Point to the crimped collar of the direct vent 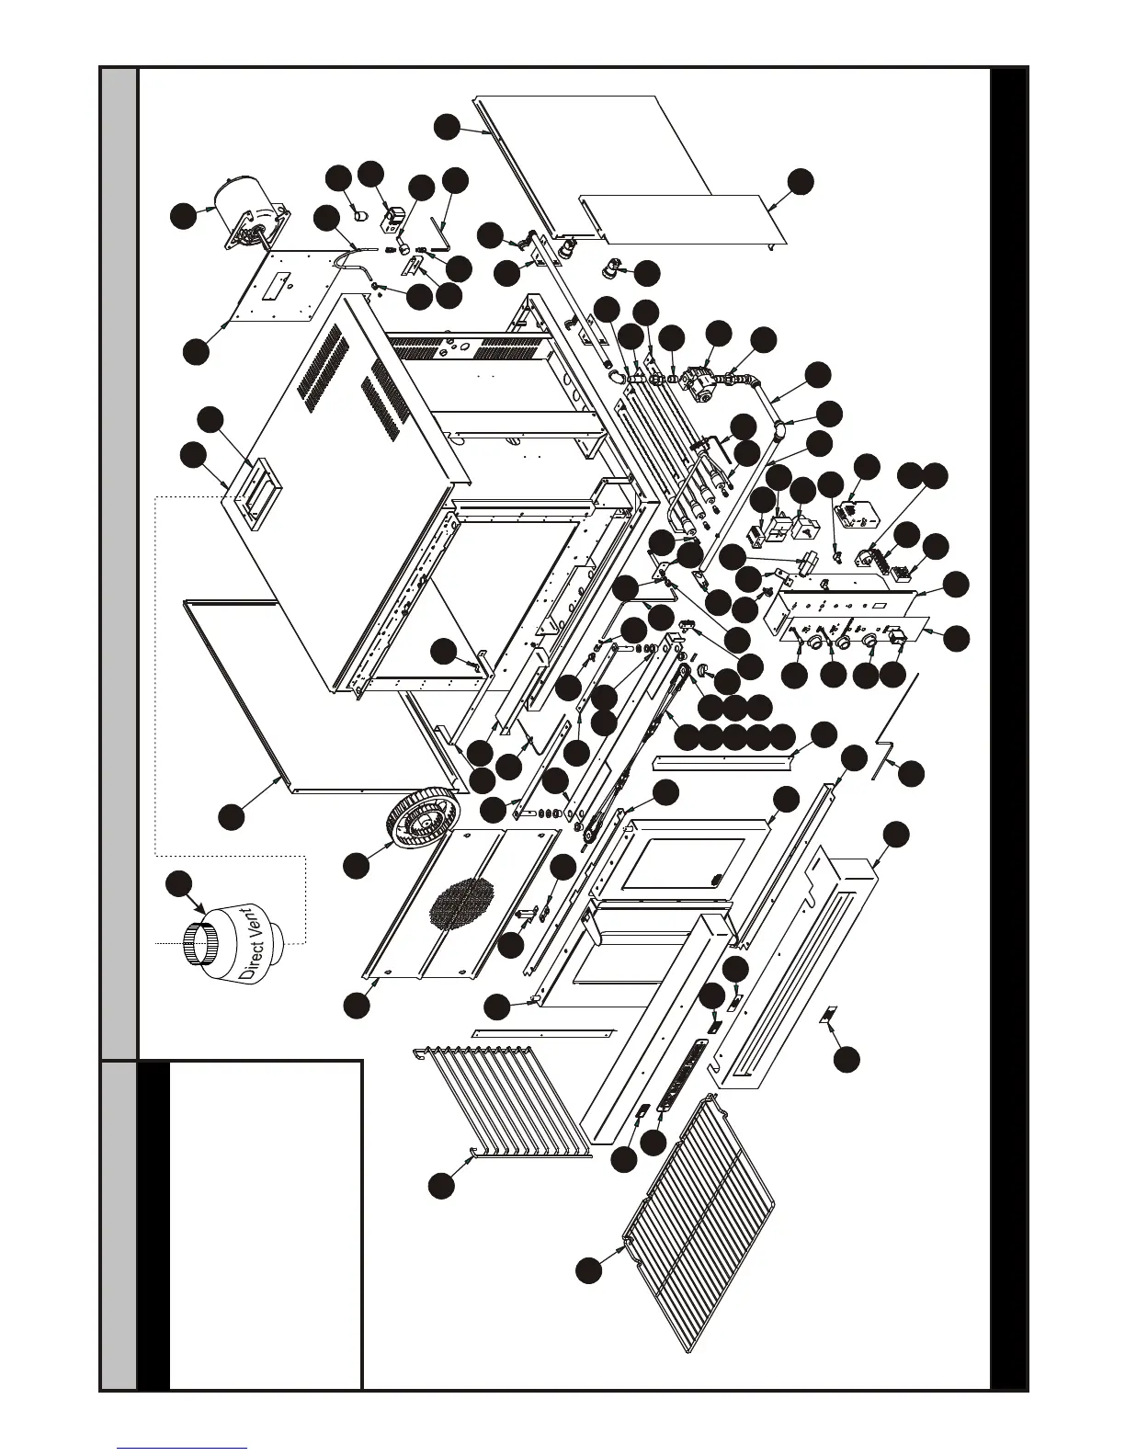(x=203, y=940)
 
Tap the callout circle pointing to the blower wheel (x=358, y=863)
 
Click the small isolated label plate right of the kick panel (x=828, y=1015)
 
